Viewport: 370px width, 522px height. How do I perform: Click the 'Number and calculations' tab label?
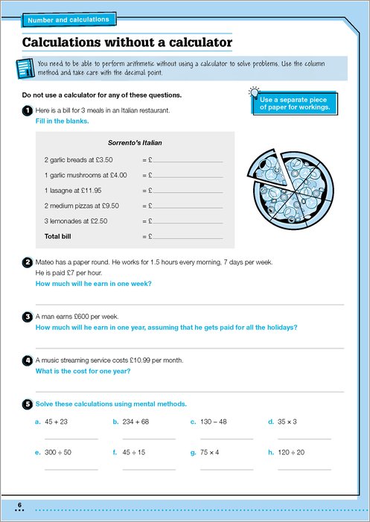68,20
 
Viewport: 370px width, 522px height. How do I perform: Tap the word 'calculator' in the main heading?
201,42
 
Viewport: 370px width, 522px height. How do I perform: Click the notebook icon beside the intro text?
25,69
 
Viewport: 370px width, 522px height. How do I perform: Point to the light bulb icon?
255,93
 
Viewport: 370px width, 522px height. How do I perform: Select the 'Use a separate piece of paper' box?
295,104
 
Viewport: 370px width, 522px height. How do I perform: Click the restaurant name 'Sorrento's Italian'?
135,143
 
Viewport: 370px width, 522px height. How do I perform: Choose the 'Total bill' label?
57,236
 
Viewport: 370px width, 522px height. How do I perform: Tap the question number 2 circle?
27,263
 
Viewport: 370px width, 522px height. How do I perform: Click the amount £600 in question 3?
68,316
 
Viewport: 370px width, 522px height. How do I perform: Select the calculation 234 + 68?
135,421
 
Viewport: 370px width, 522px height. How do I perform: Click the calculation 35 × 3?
287,421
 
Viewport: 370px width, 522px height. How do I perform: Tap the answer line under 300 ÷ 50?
71,470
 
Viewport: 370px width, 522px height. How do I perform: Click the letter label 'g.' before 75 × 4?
194,453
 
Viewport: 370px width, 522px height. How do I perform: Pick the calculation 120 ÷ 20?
291,453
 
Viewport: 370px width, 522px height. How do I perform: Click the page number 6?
19,505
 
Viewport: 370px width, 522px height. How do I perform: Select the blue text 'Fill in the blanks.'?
63,121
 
